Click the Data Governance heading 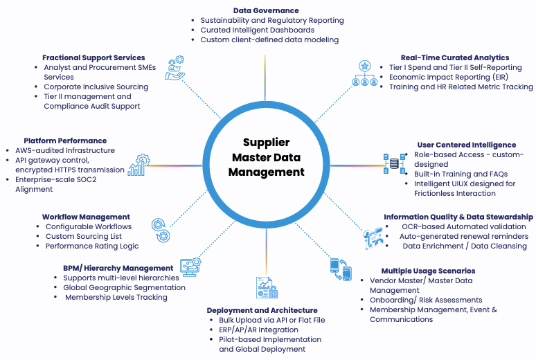point(265,10)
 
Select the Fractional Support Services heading point(93,57)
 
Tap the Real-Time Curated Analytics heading point(455,57)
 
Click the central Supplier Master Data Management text point(267,156)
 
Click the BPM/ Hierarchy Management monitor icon point(190,267)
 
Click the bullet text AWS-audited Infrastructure point(65,150)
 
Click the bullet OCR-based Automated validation point(464,226)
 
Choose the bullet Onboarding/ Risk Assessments point(425,300)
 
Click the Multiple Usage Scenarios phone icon point(341,269)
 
